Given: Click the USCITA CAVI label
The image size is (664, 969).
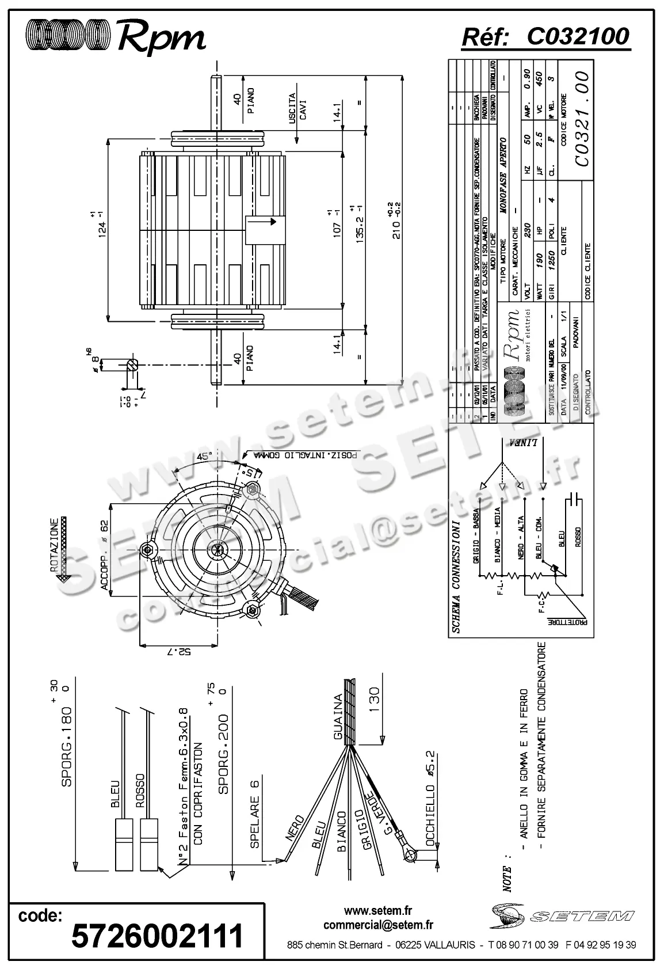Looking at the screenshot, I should [x=297, y=109].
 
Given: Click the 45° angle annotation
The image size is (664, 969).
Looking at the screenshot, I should [x=203, y=457].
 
